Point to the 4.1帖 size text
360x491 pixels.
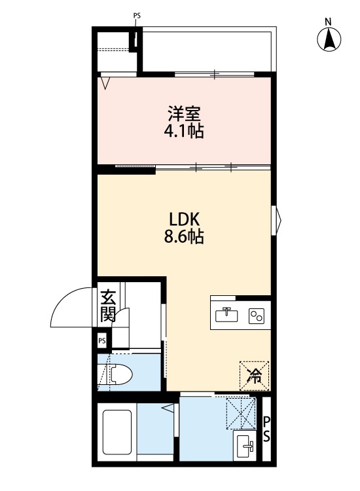184,132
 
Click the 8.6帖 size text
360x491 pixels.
184,237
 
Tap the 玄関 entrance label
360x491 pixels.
108,306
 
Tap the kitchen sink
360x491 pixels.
226,316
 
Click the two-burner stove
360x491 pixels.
256,316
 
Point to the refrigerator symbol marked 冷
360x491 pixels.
254,375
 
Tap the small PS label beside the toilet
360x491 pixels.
102,341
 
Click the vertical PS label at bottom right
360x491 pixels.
267,428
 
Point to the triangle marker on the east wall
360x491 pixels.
278,218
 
